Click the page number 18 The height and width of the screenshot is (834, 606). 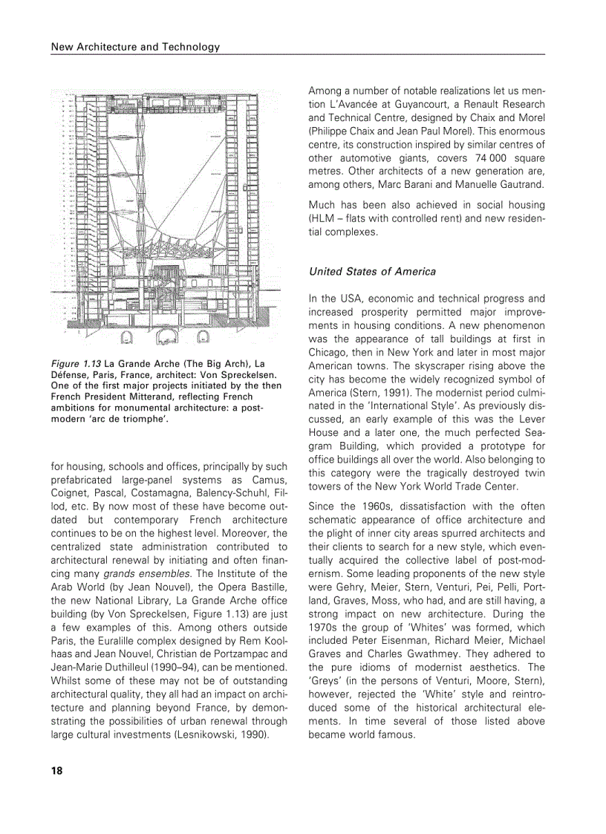point(56,770)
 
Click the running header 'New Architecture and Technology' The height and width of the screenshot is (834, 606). point(135,47)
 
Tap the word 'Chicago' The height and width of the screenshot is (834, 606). point(330,352)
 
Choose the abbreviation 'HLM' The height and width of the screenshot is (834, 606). point(321,218)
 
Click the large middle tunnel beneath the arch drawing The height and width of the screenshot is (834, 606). point(165,339)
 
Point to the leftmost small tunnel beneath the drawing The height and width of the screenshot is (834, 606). point(127,339)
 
